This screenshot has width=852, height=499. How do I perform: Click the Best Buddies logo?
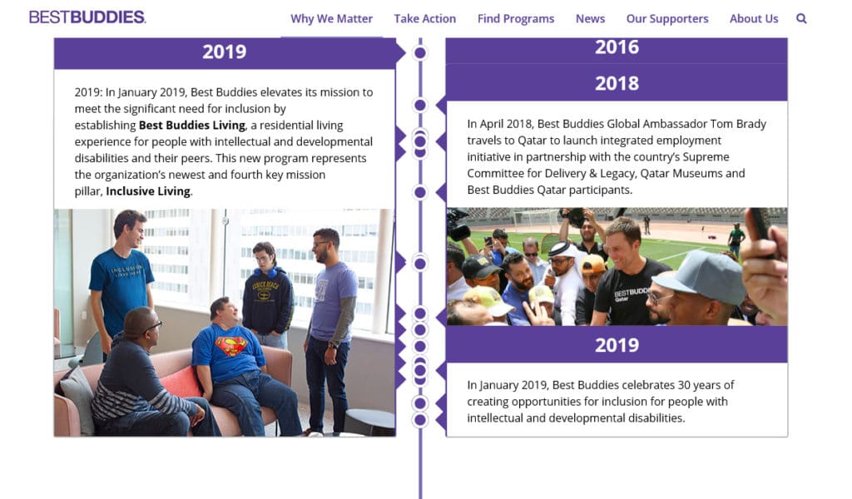pos(87,17)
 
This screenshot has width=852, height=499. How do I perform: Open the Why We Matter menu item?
pos(331,18)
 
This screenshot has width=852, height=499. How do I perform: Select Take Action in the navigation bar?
pos(425,18)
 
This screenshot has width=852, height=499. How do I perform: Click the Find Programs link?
pos(516,18)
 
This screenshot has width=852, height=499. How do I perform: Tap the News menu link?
pos(590,18)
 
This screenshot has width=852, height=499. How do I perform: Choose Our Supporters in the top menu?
pos(667,18)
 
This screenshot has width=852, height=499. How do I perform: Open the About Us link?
pos(754,18)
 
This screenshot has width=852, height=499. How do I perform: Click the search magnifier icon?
pos(801,18)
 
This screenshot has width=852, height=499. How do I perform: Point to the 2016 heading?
pos(617,47)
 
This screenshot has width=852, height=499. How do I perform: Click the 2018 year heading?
pos(617,83)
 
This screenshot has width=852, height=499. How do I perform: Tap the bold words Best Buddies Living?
pos(192,126)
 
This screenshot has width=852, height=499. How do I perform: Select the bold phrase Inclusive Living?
pos(148,191)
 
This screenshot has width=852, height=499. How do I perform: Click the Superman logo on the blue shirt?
pos(232,345)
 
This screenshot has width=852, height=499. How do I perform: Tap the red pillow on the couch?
pos(181,382)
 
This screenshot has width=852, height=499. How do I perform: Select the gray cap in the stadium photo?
pos(701,275)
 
